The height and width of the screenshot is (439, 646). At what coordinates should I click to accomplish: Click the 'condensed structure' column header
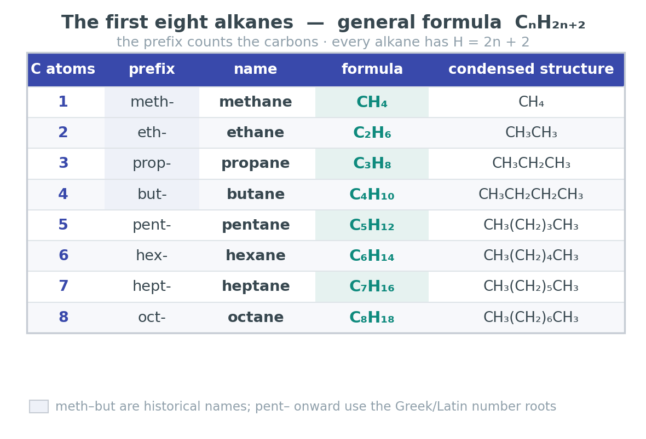click(531, 69)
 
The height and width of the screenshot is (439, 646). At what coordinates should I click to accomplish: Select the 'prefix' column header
click(152, 69)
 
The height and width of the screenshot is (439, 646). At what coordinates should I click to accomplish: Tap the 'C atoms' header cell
click(63, 69)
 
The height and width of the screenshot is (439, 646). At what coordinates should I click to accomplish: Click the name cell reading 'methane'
click(256, 102)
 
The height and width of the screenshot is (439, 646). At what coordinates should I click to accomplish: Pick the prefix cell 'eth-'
click(152, 132)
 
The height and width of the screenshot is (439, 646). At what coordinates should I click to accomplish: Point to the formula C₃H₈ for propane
click(372, 163)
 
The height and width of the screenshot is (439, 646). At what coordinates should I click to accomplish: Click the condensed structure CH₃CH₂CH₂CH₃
click(530, 194)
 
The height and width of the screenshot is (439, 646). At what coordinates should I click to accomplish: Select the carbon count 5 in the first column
click(63, 225)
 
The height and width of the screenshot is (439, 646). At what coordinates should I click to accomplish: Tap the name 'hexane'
click(256, 255)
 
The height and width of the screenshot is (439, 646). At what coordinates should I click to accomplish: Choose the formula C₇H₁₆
click(372, 286)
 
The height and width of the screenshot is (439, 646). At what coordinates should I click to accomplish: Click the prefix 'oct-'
click(152, 317)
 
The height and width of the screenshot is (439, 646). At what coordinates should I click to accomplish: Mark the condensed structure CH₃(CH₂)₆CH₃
click(530, 317)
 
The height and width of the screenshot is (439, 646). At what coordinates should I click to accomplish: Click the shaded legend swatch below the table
click(39, 407)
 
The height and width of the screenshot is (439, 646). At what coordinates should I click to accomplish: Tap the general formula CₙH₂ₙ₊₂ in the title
click(550, 22)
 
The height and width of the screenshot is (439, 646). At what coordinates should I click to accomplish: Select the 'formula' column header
click(372, 69)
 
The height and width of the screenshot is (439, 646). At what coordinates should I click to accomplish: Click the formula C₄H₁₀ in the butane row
click(372, 194)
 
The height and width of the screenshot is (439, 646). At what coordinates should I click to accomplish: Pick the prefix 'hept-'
click(152, 286)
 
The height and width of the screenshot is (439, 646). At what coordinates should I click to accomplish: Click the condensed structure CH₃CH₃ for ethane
click(531, 132)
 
